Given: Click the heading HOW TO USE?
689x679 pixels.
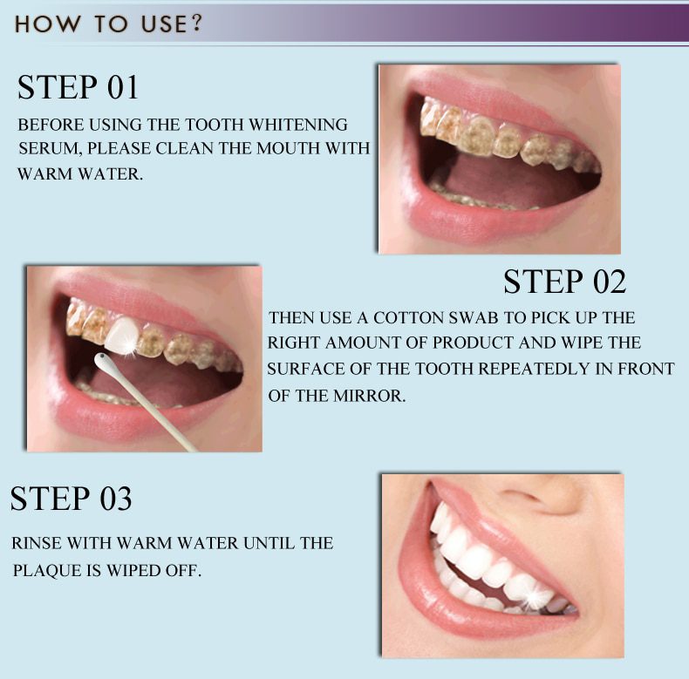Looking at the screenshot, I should coord(108,24).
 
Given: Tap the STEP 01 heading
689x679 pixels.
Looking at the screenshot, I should coord(78,87).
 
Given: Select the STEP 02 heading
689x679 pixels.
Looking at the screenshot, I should coord(564,282).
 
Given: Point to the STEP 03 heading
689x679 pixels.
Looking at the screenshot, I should coord(71,499).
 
